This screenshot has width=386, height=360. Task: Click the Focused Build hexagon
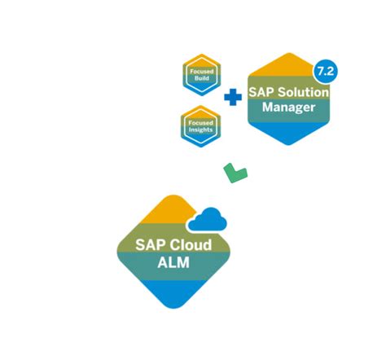point(201,75)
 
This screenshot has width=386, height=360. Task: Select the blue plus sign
point(232,98)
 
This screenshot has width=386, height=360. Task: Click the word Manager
point(289,106)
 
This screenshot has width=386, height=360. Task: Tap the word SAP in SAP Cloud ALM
point(150,244)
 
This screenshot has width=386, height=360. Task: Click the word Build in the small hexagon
point(201,80)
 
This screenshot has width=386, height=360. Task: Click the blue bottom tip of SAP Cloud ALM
point(172,296)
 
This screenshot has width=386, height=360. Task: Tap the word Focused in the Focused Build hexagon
point(201,72)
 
